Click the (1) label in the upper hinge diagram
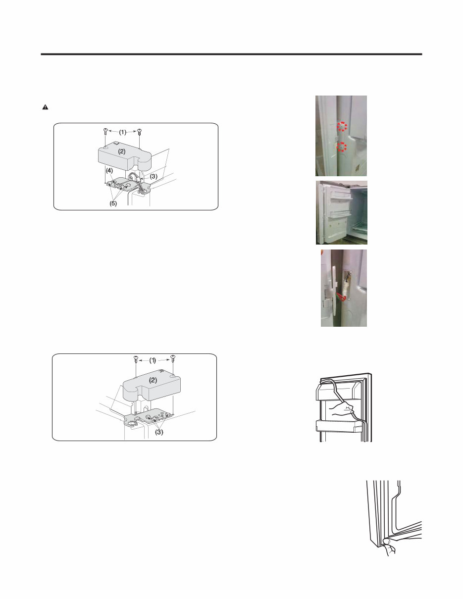[x=123, y=132]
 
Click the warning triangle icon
[x=43, y=107]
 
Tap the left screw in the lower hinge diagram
[x=136, y=359]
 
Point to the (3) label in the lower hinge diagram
[x=158, y=432]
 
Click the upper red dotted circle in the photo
[x=341, y=126]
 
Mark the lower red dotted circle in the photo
[x=341, y=148]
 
